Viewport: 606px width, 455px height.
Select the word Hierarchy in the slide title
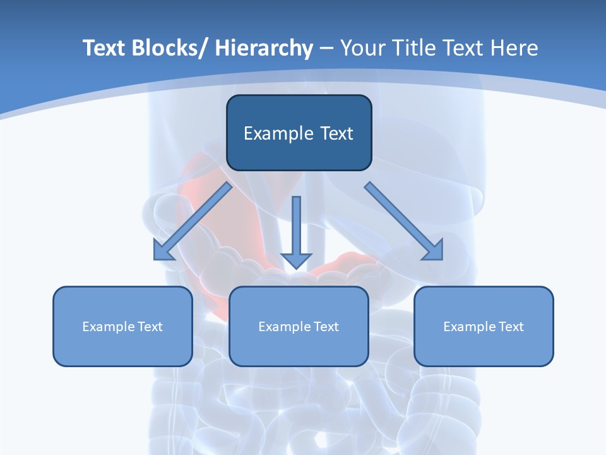click(264, 48)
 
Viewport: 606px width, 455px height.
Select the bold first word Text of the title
click(105, 48)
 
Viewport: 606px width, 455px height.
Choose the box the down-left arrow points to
click(122, 348)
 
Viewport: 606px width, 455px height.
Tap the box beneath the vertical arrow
click(299, 348)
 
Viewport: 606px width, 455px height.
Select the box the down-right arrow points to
click(484, 348)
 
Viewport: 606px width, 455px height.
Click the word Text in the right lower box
click(511, 327)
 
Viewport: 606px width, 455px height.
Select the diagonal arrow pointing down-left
click(192, 222)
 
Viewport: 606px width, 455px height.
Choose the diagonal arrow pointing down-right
click(404, 222)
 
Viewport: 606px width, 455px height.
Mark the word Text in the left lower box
click(150, 327)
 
